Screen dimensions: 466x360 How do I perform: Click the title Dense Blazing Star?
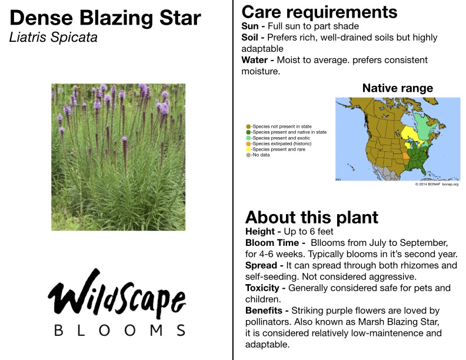click(x=105, y=18)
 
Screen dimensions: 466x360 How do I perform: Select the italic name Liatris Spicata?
click(x=53, y=38)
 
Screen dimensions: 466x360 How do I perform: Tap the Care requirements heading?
click(x=319, y=12)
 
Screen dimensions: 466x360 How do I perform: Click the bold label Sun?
click(x=250, y=26)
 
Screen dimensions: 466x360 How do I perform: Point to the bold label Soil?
click(x=249, y=38)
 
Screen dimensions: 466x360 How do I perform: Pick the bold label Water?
click(x=255, y=60)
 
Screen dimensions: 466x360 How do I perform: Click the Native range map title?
click(x=398, y=88)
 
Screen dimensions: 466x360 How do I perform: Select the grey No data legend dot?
click(x=248, y=155)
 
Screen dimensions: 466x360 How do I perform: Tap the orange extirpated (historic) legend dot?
click(x=248, y=144)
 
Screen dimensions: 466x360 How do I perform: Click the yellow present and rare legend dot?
click(x=248, y=149)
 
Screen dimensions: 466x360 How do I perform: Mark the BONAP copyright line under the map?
click(x=437, y=184)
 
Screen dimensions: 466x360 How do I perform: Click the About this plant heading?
click(x=312, y=218)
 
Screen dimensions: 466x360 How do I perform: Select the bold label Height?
click(x=260, y=231)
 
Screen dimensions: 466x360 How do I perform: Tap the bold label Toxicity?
click(x=262, y=288)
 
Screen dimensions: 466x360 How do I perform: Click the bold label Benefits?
click(x=264, y=311)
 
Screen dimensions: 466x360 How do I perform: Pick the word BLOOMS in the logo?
click(x=120, y=331)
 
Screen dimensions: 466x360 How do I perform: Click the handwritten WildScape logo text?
click(x=117, y=294)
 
